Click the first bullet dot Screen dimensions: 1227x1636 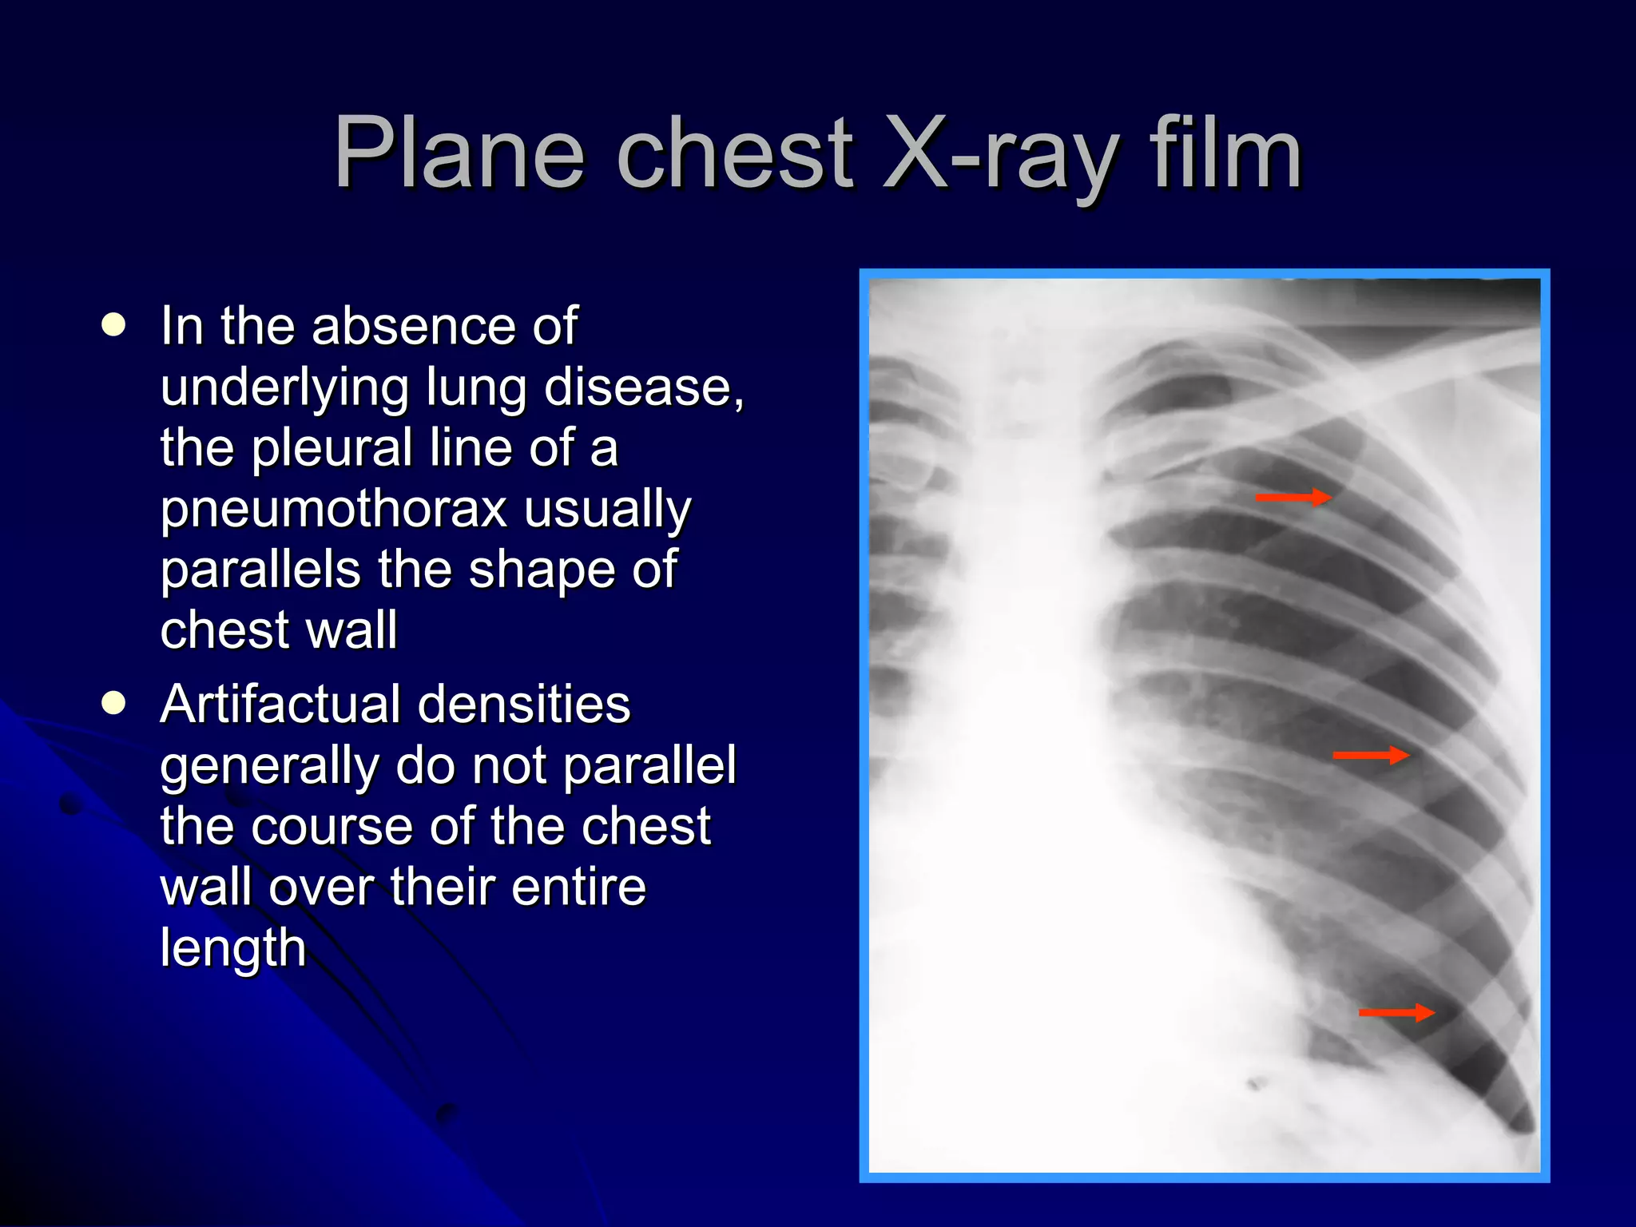coord(114,325)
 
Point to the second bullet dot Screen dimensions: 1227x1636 coord(114,703)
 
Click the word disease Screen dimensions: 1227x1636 coord(643,387)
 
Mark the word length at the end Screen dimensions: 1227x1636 coord(233,948)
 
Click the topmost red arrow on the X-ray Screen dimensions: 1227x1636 coord(1293,498)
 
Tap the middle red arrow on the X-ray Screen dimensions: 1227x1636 coord(1370,755)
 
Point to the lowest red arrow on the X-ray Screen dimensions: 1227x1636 coord(1396,1013)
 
